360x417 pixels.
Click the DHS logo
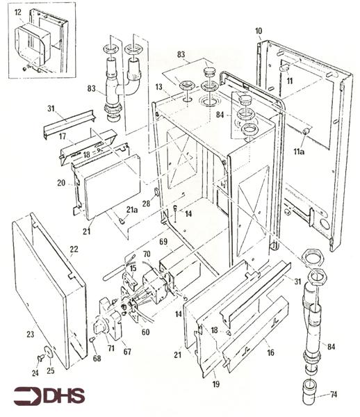click(49, 396)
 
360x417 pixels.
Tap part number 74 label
click(334, 394)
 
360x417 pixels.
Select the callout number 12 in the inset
click(18, 13)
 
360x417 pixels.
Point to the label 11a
click(299, 152)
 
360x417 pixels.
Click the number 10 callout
click(259, 31)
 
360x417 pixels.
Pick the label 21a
click(132, 210)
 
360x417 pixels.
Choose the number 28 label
click(146, 204)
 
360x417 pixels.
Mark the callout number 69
click(163, 241)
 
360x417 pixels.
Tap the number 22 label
click(74, 250)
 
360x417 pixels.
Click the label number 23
click(31, 334)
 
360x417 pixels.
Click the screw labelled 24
click(40, 359)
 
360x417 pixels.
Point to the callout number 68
click(97, 359)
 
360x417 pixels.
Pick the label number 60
click(146, 332)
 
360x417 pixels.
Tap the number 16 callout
click(270, 352)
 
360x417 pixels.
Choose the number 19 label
click(216, 384)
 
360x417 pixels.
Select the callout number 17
click(63, 136)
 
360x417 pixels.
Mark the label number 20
click(61, 183)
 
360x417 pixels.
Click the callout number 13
click(158, 87)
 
